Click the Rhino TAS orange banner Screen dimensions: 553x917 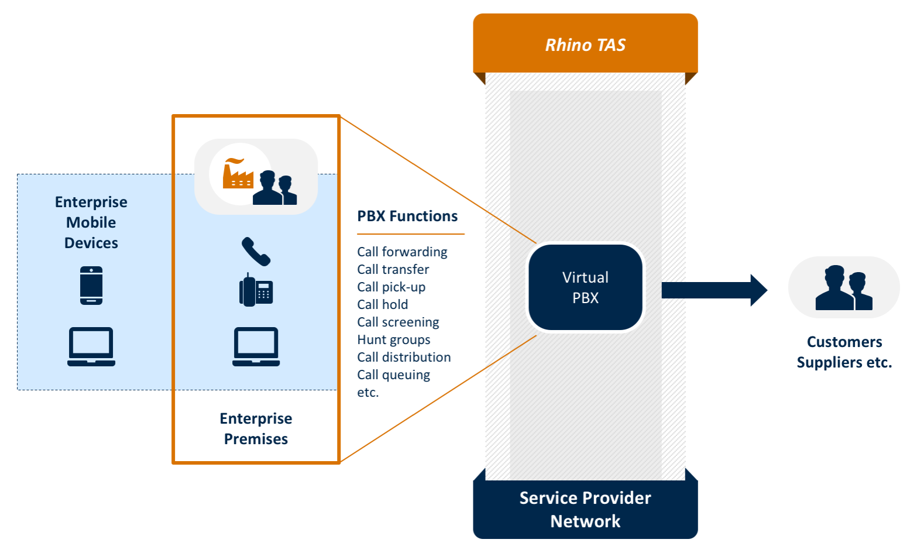point(585,44)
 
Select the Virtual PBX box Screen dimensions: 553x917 point(585,287)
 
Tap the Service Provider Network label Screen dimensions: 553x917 point(585,509)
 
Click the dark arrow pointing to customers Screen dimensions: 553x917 point(714,290)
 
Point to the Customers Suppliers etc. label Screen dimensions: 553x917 point(844,352)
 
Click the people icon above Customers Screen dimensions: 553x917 point(844,288)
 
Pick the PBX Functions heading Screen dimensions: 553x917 point(407,216)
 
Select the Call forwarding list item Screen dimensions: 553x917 point(402,252)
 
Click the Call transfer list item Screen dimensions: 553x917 point(393,269)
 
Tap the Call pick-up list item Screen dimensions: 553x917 point(391,287)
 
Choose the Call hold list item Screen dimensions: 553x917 point(382,304)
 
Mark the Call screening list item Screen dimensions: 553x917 point(398,322)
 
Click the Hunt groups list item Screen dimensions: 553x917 point(393,339)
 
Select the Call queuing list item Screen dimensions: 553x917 point(393,375)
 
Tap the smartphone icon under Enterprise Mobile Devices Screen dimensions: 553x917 point(91,286)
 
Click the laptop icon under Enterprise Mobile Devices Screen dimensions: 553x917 point(91,346)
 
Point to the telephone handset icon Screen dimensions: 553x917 point(256,251)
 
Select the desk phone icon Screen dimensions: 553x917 point(256,290)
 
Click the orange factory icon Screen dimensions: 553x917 point(237,174)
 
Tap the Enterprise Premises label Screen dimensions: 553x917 point(256,428)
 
